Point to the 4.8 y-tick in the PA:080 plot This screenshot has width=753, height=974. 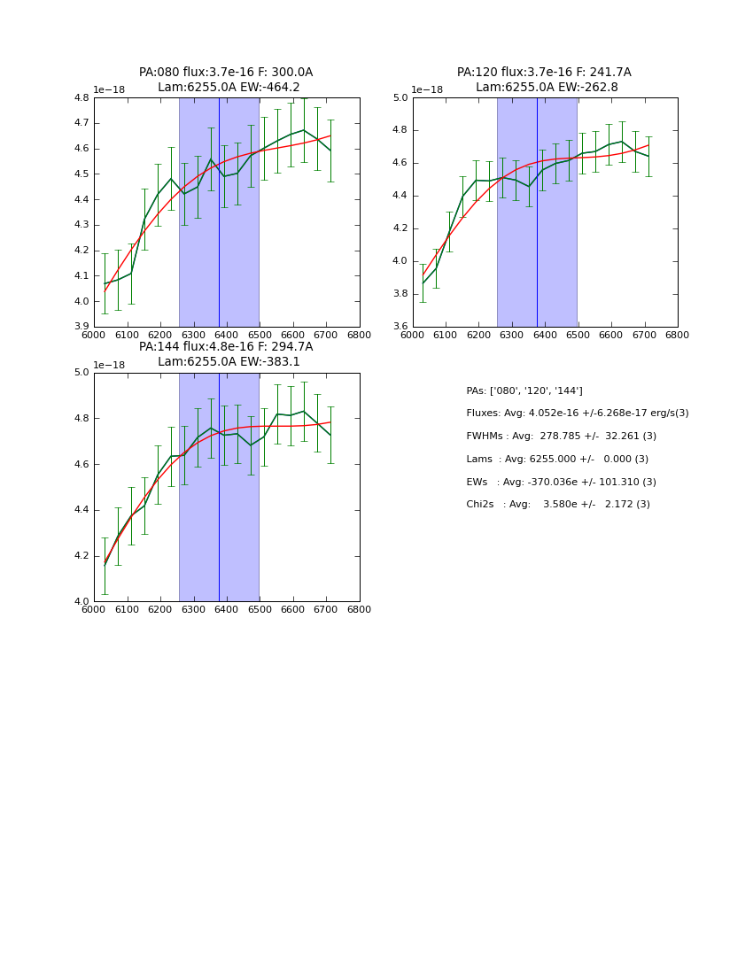tap(81, 97)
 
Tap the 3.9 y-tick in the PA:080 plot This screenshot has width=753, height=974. tap(81, 327)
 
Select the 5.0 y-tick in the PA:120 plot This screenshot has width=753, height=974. tap(399, 97)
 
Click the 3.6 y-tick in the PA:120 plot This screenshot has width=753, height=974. tap(399, 327)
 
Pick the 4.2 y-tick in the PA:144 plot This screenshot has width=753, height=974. tap(81, 556)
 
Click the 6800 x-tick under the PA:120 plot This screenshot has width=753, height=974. tap(677, 335)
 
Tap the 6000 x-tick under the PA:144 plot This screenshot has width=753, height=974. tap(93, 609)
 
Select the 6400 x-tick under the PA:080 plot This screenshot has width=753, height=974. tap(226, 335)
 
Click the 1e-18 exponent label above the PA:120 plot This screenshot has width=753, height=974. tap(428, 90)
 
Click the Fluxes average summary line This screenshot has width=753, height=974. tap(577, 414)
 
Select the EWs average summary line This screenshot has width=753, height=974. tap(561, 483)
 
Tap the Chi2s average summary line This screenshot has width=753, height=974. tap(558, 505)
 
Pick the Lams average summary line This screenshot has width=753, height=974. tap(557, 460)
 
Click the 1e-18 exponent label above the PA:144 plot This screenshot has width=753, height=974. tap(110, 365)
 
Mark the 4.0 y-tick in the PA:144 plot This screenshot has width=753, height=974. tap(81, 601)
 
